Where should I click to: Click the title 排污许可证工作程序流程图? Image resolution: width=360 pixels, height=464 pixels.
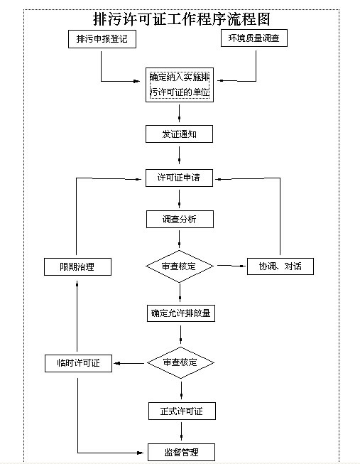181,19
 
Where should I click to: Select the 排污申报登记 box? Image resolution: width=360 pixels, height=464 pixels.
102,39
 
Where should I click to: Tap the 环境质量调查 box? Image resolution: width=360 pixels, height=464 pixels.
254,38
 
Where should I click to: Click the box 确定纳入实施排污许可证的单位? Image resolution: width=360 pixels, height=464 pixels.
180,85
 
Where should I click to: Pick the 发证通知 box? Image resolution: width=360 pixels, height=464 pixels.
179,134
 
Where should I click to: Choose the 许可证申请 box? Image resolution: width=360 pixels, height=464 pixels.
179,178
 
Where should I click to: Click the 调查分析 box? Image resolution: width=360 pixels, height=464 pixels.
180,220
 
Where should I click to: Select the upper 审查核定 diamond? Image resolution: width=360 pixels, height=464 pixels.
180,266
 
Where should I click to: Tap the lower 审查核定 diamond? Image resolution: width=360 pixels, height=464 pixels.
180,362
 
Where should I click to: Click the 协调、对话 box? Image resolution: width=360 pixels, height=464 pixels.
280,266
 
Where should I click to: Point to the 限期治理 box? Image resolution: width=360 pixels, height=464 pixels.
78,267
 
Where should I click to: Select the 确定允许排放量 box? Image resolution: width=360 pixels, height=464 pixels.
181,313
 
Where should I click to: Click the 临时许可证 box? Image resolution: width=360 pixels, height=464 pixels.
78,363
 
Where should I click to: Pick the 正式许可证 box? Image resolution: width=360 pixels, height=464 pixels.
182,411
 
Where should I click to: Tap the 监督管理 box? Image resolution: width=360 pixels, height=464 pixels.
181,452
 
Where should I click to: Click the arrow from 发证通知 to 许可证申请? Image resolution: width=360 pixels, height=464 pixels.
179,155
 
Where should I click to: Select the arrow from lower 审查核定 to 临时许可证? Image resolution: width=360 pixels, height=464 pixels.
129,363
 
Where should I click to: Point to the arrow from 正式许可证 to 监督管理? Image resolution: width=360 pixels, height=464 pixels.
181,431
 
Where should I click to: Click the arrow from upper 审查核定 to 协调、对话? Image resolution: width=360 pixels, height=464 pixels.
231,266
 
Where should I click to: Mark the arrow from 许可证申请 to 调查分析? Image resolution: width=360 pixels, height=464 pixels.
179,198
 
